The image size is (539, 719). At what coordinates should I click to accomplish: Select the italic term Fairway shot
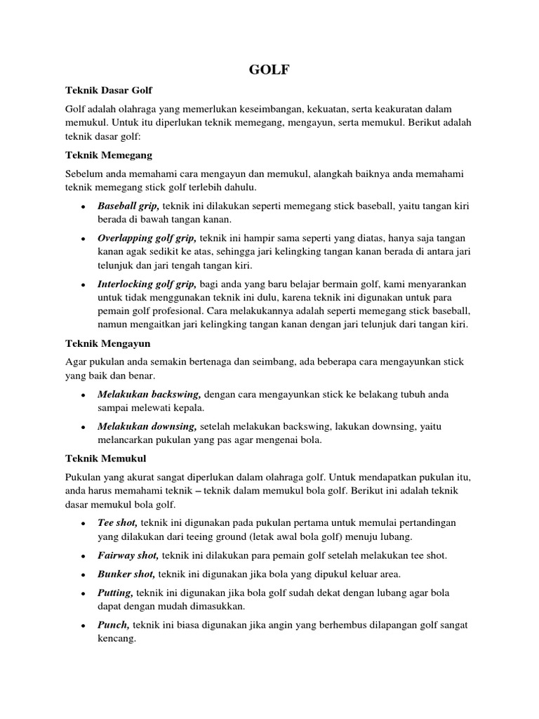(x=128, y=555)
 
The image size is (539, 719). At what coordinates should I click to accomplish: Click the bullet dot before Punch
(x=83, y=626)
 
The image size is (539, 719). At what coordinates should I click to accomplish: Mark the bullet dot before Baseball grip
(x=83, y=206)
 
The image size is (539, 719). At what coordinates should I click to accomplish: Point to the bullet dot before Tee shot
(x=83, y=523)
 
